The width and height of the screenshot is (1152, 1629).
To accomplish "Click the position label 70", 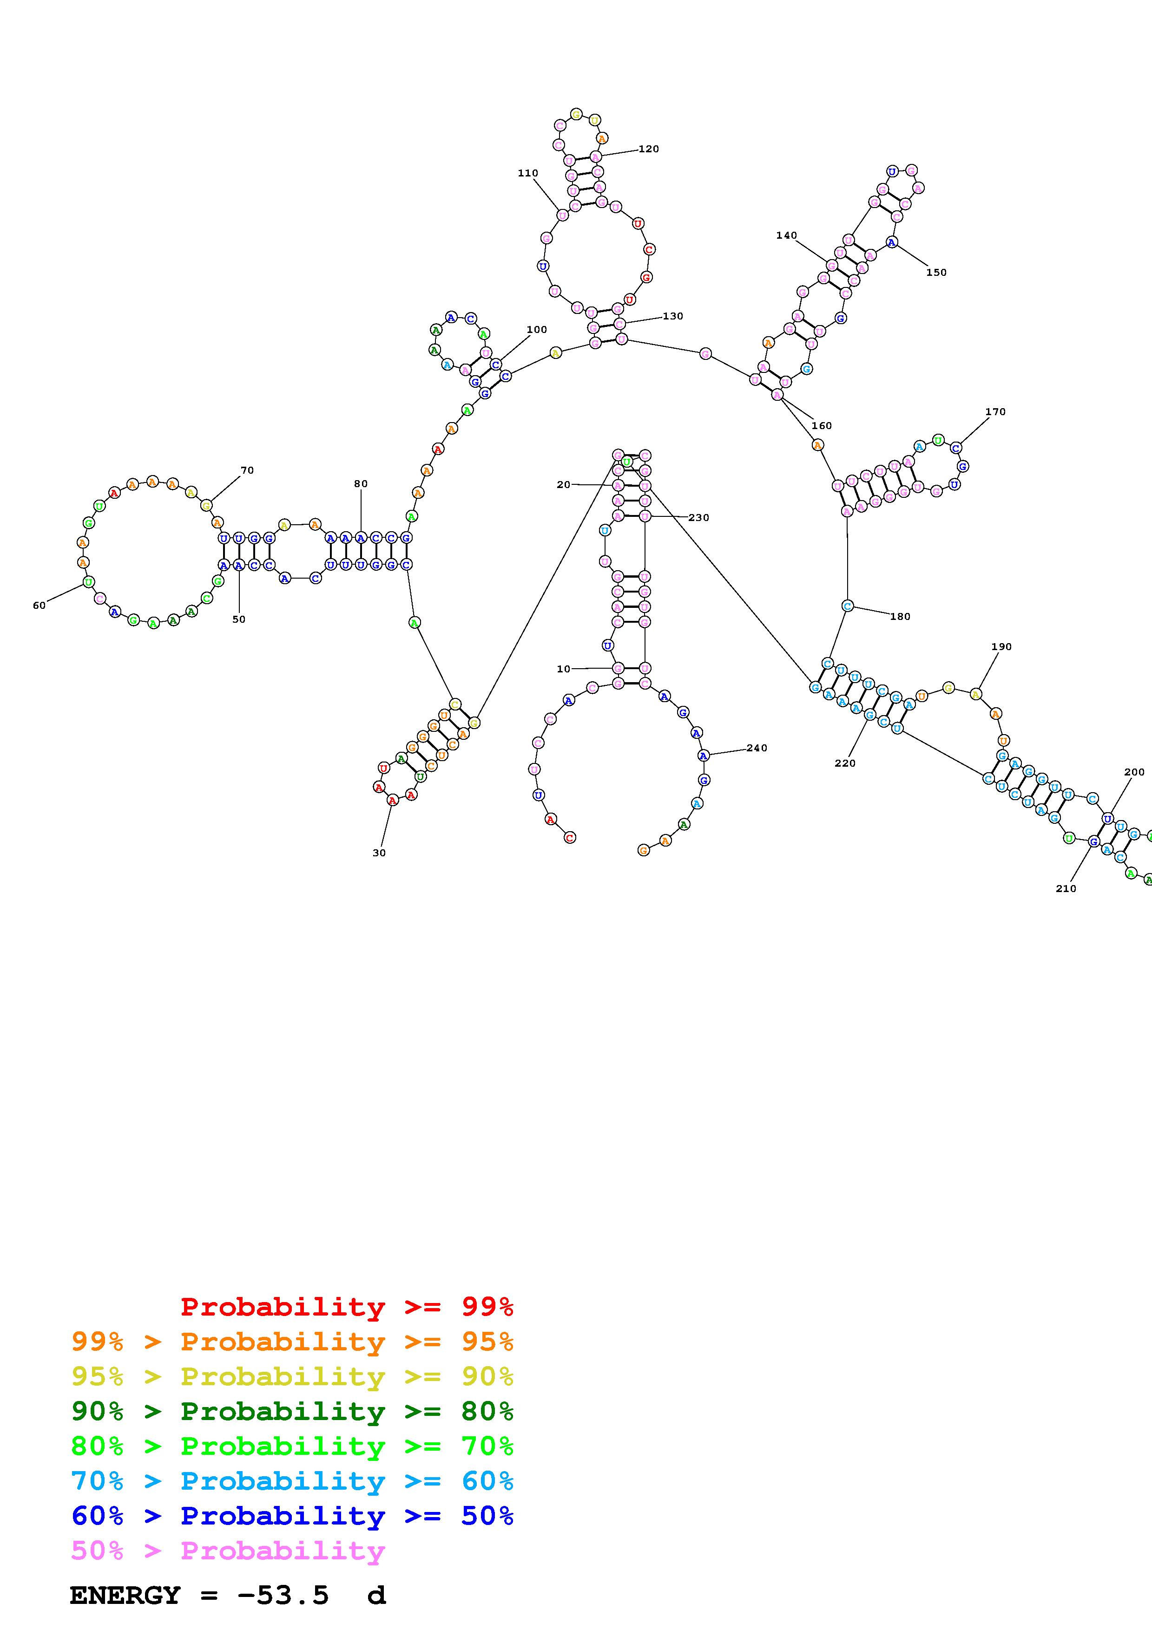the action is click(247, 470).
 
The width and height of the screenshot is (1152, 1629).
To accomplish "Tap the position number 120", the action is click(649, 149).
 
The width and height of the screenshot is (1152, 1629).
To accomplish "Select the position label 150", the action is click(936, 273).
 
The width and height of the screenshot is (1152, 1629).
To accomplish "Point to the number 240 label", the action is click(757, 748).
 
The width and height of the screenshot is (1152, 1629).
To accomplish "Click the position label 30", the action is click(379, 853).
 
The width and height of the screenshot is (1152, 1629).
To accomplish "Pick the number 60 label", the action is click(39, 605).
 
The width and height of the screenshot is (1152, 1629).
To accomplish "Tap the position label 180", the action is click(900, 617).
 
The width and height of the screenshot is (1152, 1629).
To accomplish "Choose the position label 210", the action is click(1066, 888).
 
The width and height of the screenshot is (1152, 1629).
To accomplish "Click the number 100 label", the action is click(537, 329).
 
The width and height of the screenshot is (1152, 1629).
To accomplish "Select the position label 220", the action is click(845, 763).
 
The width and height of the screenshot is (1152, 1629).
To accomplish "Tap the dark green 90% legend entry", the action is click(292, 1411).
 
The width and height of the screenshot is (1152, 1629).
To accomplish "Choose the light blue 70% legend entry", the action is click(292, 1481).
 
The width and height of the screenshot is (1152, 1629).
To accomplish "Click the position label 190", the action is click(1001, 646).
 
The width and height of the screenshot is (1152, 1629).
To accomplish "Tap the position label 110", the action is click(527, 173).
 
